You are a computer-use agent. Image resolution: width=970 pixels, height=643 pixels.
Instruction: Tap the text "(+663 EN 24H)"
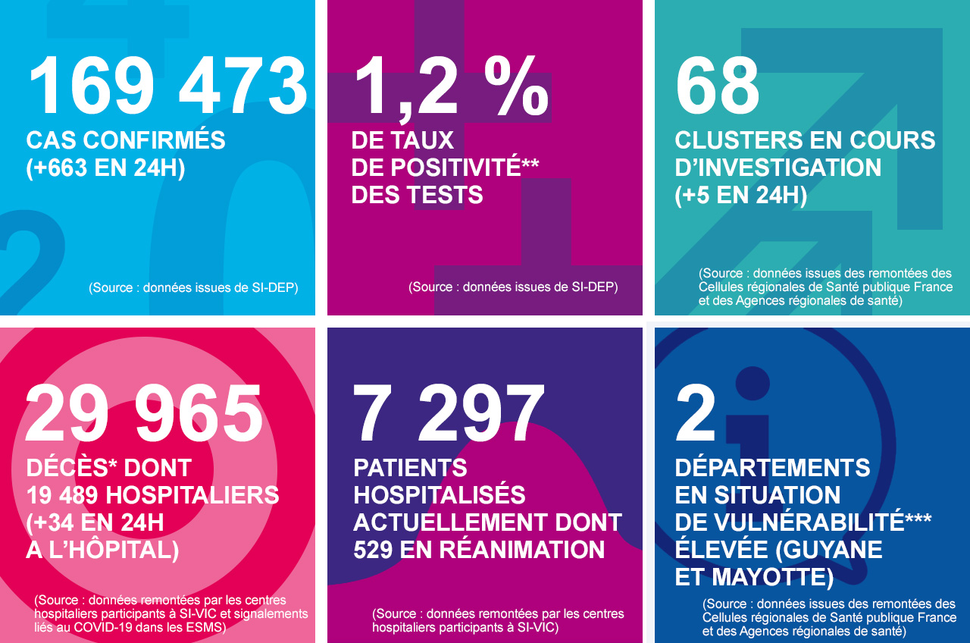(x=105, y=168)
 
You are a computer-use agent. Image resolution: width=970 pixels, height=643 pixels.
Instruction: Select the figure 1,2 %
(x=450, y=86)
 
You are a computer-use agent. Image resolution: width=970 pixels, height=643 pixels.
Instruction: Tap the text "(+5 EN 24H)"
(x=740, y=195)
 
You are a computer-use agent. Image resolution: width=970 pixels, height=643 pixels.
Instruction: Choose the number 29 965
(x=144, y=414)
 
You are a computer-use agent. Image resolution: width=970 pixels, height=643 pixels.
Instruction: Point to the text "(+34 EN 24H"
(x=95, y=523)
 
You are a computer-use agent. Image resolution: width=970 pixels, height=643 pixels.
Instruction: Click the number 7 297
(x=449, y=414)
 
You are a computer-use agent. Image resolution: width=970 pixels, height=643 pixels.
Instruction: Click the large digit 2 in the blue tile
(x=696, y=414)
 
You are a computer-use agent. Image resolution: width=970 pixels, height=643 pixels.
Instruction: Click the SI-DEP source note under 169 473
(x=193, y=288)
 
